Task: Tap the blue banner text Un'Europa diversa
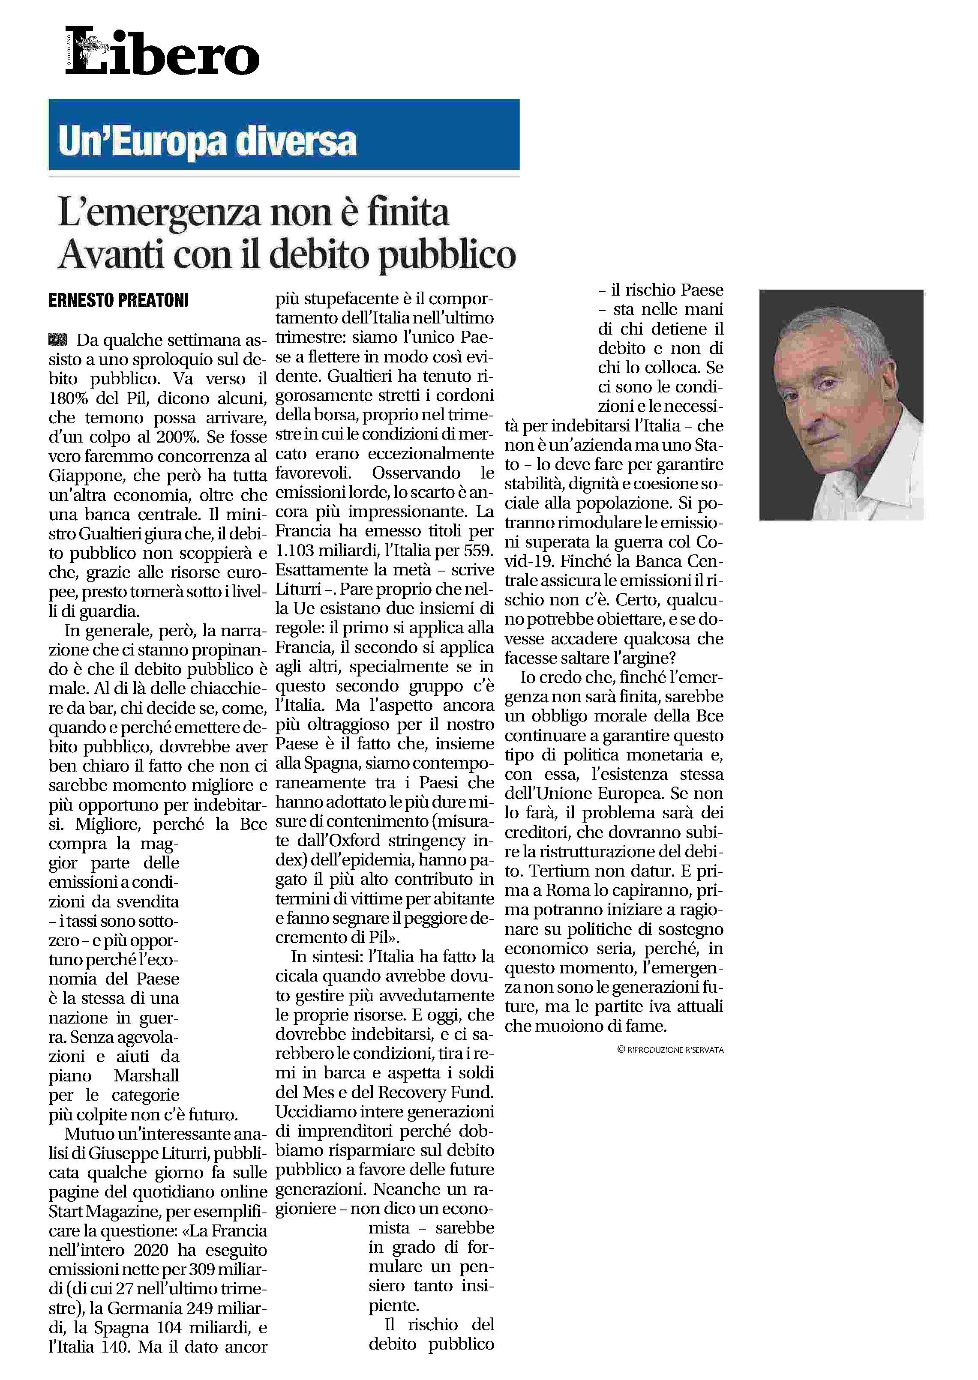[208, 142]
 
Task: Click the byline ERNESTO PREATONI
[119, 300]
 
